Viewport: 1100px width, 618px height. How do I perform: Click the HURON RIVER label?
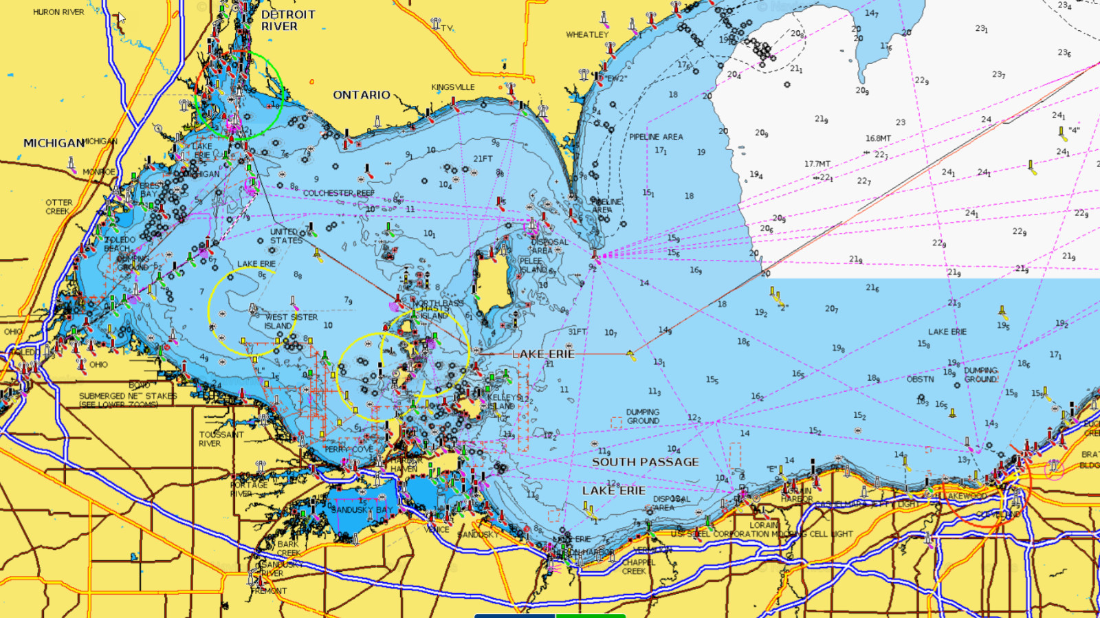click(x=58, y=12)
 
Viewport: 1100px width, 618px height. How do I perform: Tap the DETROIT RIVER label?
click(x=288, y=20)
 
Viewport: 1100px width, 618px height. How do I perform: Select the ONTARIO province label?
click(x=362, y=95)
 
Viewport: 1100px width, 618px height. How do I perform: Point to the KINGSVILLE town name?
click(x=453, y=87)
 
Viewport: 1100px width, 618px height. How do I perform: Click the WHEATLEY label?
click(x=587, y=34)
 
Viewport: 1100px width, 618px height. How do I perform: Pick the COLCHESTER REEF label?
click(x=339, y=193)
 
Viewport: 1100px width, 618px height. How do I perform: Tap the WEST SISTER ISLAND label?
click(x=291, y=321)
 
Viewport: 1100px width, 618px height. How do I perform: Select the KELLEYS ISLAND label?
click(x=503, y=401)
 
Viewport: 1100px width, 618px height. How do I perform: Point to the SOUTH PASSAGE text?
click(x=645, y=462)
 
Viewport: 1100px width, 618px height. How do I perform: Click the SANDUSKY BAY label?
click(x=361, y=510)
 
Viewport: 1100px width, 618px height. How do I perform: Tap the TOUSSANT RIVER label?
click(x=221, y=439)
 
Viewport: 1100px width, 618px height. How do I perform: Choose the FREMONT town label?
click(x=269, y=591)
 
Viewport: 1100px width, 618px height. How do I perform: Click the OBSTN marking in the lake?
click(x=920, y=379)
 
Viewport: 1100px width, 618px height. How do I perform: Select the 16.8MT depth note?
click(x=878, y=138)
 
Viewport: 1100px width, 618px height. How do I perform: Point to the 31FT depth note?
click(x=577, y=331)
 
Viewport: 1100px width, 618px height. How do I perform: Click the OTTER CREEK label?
click(x=58, y=207)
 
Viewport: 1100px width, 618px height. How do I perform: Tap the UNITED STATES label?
click(x=286, y=236)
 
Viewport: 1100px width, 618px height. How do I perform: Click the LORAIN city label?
click(x=763, y=525)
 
